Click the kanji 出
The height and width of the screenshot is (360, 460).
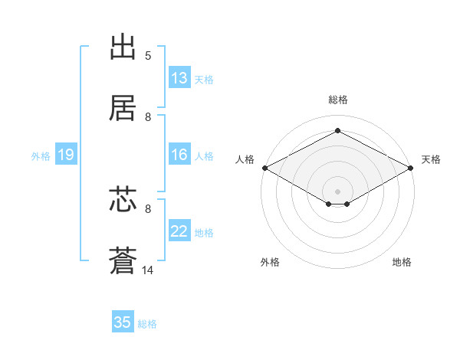pos(124,47)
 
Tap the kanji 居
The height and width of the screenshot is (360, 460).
pos(124,109)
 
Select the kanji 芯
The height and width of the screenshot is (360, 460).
pos(124,201)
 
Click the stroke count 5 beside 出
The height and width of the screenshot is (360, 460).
pos(148,56)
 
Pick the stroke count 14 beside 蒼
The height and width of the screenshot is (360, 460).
pos(148,270)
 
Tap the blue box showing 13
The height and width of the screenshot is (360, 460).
pos(179,77)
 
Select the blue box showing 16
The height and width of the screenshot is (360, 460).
pos(179,155)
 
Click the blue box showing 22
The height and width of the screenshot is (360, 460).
pos(179,231)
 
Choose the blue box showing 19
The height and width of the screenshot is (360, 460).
pos(65,155)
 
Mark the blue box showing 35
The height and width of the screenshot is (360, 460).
pos(123,322)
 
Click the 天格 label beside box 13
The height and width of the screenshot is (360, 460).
pos(204,79)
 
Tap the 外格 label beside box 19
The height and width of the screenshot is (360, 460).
pos(41,156)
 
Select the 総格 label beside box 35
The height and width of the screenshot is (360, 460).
pos(147,324)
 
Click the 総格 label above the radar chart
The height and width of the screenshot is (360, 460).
pos(338,100)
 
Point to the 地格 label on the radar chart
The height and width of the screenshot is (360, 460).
pos(402,262)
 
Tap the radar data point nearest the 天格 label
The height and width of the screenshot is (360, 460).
pos(412,168)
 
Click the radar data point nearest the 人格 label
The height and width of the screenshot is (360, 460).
pos(264,168)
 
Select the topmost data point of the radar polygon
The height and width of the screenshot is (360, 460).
pos(338,131)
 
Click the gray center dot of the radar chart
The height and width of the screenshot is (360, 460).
pos(338,191)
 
